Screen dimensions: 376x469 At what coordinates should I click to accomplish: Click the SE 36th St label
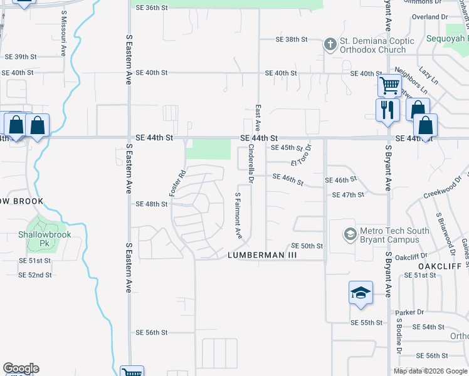point(152,8)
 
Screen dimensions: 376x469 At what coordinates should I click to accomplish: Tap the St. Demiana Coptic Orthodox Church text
point(377,46)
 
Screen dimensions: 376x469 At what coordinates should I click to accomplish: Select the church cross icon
point(330,44)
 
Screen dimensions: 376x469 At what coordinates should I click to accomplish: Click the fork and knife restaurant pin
point(387,110)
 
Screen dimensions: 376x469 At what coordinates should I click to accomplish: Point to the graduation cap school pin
point(361,293)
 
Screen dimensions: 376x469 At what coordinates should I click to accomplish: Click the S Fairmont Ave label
point(238,215)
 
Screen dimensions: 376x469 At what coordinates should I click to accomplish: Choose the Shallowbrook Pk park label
point(44,238)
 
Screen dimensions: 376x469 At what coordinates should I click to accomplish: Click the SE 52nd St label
point(34,275)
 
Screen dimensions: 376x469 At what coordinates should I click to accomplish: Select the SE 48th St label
point(152,204)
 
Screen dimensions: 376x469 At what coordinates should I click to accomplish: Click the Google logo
point(21,368)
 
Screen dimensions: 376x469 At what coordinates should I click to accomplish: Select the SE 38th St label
point(292,39)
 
